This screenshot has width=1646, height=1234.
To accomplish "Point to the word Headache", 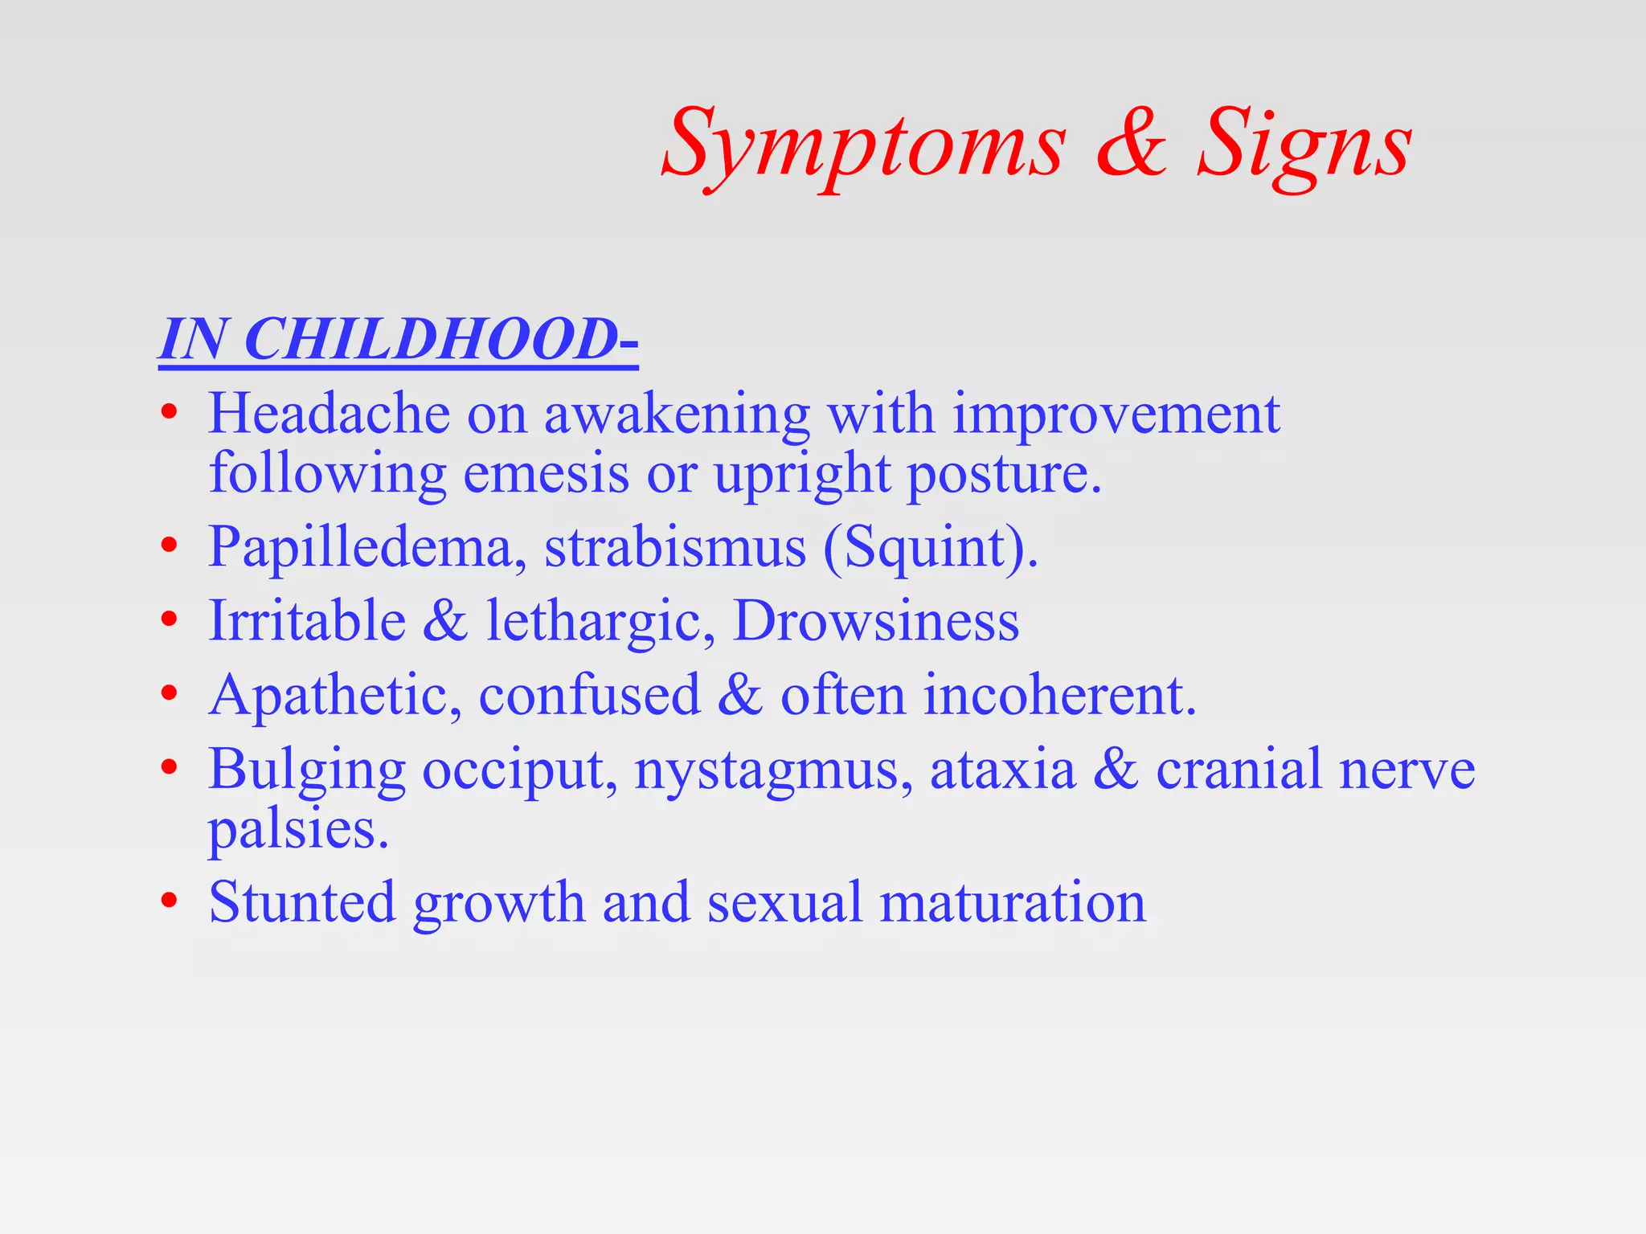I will pos(330,415).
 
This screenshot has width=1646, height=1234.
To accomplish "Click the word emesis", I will pos(547,473).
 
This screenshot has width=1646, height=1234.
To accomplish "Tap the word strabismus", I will pos(675,547).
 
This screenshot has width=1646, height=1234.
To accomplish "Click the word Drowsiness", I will pos(876,621).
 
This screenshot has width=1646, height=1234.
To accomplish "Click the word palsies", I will pos(298,829).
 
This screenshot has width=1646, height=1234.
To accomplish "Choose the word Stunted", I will pos(302,902).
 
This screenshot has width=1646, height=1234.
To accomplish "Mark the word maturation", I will pos(1013,902).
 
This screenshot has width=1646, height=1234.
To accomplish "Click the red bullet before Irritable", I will pos(168,621).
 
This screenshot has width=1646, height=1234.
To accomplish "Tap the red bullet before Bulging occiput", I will pos(168,769).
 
